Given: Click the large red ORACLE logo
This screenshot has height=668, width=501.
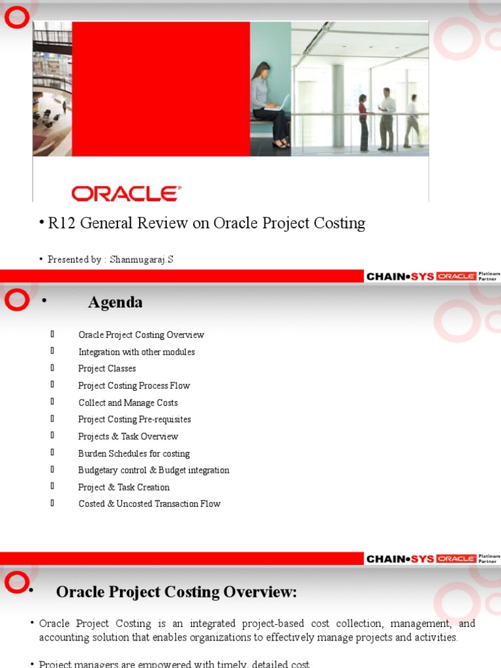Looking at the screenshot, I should click(x=126, y=193).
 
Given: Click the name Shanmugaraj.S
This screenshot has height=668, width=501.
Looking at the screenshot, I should click(x=142, y=260).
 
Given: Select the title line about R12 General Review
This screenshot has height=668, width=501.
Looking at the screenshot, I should click(x=206, y=223).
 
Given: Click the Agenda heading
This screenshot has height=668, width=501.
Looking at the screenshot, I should click(x=115, y=303).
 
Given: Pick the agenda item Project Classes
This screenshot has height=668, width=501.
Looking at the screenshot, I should click(x=107, y=369).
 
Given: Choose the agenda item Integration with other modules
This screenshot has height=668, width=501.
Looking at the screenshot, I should click(x=136, y=352).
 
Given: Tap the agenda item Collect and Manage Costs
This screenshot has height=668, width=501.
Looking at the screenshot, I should click(x=128, y=402).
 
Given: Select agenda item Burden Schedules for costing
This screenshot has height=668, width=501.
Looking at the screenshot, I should click(x=134, y=453).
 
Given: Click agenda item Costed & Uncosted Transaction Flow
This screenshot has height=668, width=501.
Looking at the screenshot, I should click(x=149, y=504).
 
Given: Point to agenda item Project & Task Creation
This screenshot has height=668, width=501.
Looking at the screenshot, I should click(x=124, y=487).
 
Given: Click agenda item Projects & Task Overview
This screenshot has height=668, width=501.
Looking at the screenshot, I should click(x=128, y=436).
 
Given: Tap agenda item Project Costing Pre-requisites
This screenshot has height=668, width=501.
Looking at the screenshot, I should click(x=134, y=419).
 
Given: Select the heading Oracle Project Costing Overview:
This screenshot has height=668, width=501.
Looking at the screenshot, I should click(x=176, y=592).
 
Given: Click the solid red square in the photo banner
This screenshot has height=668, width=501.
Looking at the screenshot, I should click(x=160, y=89).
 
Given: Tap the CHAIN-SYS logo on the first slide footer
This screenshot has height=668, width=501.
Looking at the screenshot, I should click(x=400, y=277).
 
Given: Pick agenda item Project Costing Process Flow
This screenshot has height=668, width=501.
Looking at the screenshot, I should click(x=134, y=386).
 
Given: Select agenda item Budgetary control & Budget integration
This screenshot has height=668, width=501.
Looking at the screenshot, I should click(x=154, y=470).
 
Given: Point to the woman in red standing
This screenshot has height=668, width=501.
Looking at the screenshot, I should click(x=363, y=122).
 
